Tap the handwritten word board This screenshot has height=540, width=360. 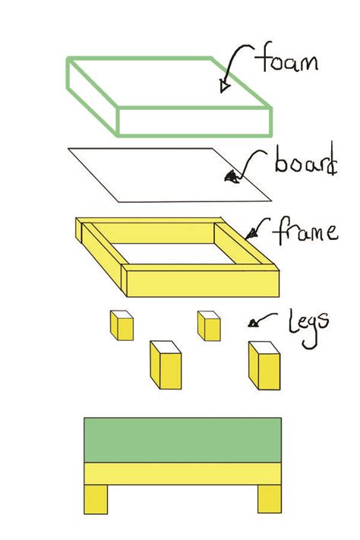click(x=306, y=160)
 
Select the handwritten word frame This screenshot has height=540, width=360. click(x=305, y=231)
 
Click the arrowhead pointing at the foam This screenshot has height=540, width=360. click(x=225, y=86)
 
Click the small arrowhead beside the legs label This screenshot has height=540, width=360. click(x=253, y=324)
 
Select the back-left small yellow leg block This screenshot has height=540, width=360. click(x=122, y=326)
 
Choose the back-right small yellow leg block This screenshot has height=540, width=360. click(x=209, y=326)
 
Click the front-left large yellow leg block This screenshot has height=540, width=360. click(x=166, y=365)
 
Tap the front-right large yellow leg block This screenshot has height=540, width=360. click(x=264, y=365)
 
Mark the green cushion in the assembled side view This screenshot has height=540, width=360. click(x=182, y=440)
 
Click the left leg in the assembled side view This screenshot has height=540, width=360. click(x=96, y=499)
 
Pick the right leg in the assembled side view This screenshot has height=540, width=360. click(x=270, y=499)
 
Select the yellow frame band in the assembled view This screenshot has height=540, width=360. click(x=182, y=473)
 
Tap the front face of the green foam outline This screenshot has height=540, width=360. click(x=194, y=122)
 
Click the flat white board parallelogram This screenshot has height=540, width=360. click(x=169, y=175)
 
